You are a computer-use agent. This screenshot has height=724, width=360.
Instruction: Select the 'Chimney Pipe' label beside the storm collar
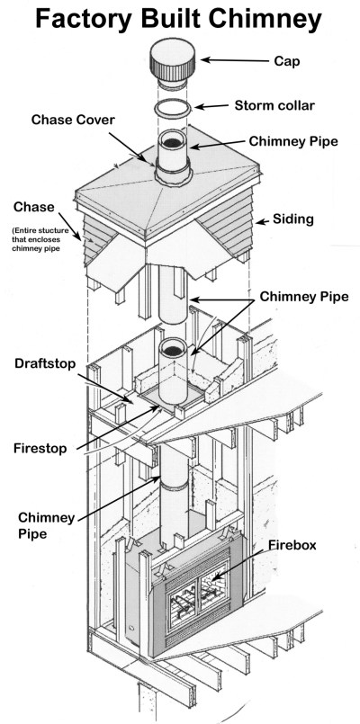tap(290, 141)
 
